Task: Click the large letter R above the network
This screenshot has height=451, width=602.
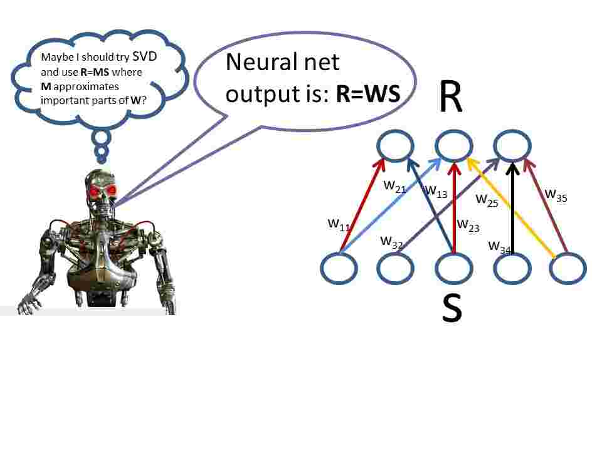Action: [451, 98]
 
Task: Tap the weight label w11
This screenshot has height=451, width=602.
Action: [339, 224]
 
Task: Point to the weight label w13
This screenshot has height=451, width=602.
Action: [436, 191]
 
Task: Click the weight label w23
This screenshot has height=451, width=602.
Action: [468, 225]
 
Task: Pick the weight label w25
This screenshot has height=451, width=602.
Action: [487, 200]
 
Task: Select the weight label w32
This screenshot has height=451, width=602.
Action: [392, 242]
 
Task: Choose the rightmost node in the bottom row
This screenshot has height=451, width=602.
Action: [568, 268]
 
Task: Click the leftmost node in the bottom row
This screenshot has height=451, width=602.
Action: [339, 268]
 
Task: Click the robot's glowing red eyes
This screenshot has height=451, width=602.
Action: [103, 190]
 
